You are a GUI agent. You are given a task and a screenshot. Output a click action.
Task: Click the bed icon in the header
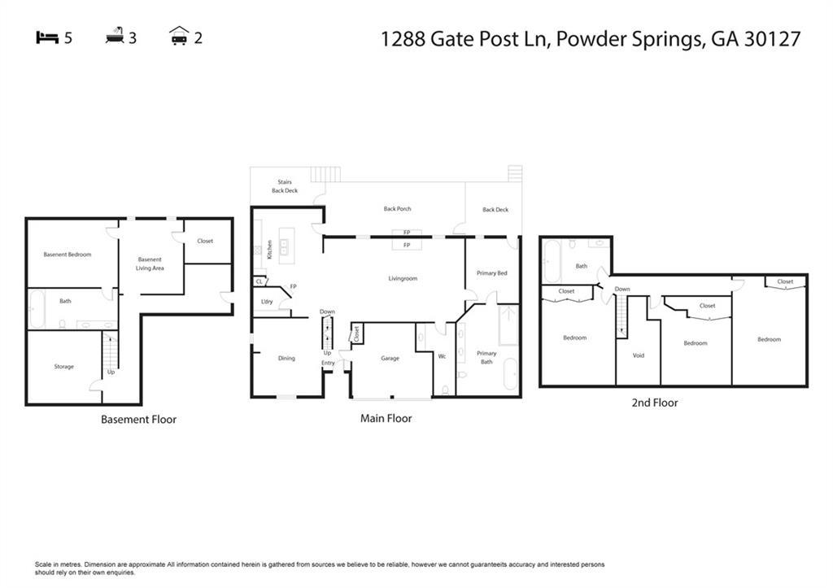(x=47, y=37)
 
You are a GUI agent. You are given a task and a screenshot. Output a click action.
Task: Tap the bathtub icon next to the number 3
(x=115, y=37)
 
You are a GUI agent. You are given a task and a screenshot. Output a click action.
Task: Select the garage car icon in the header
(x=179, y=37)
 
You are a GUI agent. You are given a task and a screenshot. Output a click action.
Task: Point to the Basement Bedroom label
(x=68, y=255)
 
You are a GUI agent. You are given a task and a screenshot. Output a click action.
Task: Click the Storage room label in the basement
(x=64, y=367)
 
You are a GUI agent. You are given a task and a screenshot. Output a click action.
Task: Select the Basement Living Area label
(x=150, y=264)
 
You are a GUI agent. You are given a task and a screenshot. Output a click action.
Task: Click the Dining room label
(x=286, y=358)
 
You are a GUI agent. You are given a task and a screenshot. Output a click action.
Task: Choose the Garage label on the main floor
(x=390, y=358)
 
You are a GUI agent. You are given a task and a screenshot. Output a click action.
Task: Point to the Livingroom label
(x=403, y=278)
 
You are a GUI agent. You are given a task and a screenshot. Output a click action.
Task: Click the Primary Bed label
(x=491, y=273)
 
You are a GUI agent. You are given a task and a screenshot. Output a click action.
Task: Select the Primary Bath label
(x=486, y=357)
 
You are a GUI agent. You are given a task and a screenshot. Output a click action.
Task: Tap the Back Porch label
(x=398, y=209)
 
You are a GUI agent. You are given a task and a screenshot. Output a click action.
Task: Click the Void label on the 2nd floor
(x=639, y=355)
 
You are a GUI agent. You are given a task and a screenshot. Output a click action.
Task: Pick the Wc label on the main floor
(x=443, y=356)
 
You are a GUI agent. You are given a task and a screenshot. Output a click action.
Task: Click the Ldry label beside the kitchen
(x=266, y=302)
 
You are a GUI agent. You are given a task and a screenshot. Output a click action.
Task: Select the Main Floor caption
(x=386, y=419)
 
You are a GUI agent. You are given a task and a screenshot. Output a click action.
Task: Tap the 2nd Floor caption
(x=654, y=403)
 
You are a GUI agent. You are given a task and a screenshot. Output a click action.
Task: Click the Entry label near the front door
(x=328, y=363)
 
